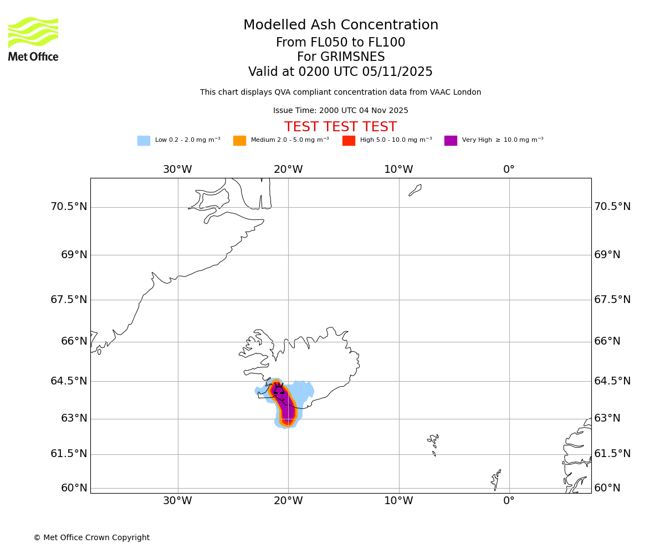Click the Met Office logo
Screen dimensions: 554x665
[x=33, y=39]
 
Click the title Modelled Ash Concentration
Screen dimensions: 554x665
[x=340, y=25]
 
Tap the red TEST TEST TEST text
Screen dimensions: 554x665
[x=340, y=127]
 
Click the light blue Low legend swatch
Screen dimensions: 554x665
[x=144, y=141]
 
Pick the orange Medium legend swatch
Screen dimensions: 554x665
[x=239, y=141]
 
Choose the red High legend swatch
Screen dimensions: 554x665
[x=349, y=141]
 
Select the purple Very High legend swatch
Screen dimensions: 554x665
[x=451, y=141]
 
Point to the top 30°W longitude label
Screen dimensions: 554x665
[x=177, y=170]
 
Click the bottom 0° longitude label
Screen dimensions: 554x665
[x=509, y=501]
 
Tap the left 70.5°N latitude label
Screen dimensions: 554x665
[x=69, y=207]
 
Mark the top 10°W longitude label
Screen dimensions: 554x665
[x=398, y=170]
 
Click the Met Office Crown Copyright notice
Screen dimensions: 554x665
[x=91, y=538]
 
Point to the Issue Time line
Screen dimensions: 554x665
[x=340, y=111]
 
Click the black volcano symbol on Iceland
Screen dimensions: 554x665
[x=278, y=389]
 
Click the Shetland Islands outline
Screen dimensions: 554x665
[x=496, y=480]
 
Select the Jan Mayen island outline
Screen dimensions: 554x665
[x=415, y=190]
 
